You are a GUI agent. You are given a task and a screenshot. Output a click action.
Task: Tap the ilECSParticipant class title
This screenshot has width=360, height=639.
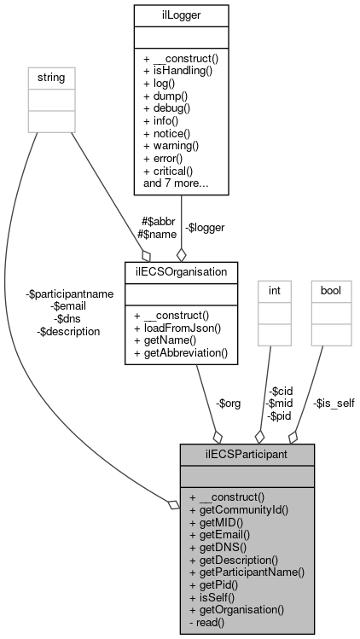pos(247,454)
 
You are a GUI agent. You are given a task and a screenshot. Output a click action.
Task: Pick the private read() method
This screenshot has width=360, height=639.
pos(206,623)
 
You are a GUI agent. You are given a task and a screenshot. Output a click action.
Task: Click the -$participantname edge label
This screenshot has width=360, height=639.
pos(70,293)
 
